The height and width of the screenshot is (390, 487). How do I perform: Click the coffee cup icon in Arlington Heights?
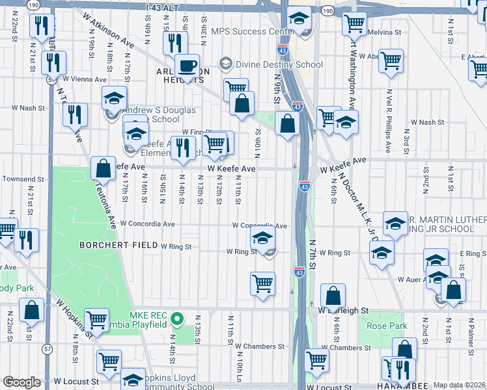(x=188, y=66)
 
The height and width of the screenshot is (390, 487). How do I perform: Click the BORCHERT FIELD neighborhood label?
(x=118, y=245)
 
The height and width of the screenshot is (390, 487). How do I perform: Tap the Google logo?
(x=21, y=382)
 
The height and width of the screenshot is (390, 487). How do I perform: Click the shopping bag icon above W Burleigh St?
(x=333, y=296)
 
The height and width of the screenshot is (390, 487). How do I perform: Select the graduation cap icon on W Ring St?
(x=262, y=240)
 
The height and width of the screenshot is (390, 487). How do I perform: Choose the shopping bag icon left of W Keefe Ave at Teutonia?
(x=103, y=168)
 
